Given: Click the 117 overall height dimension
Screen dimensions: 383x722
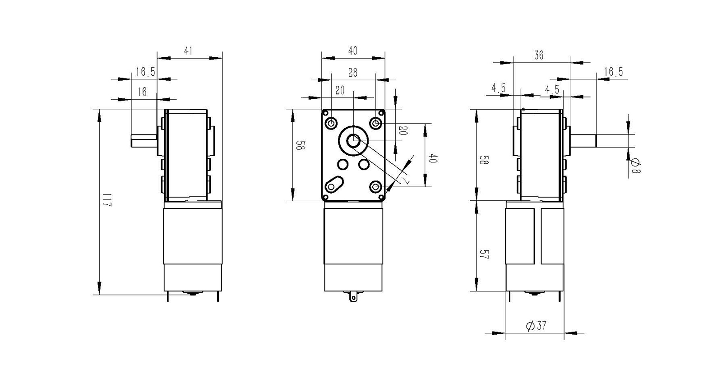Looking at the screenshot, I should point(106,200).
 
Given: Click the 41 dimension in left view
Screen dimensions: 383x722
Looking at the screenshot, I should point(188,51).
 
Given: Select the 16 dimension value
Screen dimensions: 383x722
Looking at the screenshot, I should point(142,92).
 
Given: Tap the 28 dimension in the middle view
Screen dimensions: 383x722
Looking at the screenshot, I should point(353,73).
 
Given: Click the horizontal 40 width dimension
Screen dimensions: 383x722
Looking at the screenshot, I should point(353,51).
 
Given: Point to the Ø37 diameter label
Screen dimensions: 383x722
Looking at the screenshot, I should point(536,326).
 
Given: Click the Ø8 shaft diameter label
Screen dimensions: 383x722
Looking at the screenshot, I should point(635,165).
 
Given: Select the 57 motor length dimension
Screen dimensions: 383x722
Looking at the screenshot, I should point(484,255).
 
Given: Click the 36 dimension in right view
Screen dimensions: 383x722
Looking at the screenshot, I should point(539,55).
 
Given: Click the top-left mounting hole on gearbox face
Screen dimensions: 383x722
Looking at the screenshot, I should point(332,123).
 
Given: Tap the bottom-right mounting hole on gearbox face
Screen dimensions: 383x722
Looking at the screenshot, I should point(375,186).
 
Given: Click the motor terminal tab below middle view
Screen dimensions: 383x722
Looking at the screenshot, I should point(353,296).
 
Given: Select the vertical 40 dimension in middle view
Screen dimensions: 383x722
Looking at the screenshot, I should point(432,159).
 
